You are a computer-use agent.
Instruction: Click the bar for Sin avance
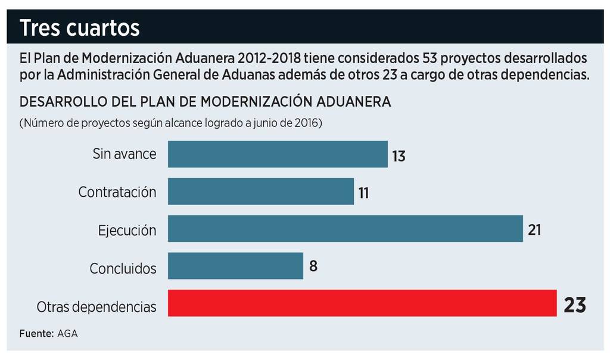(278, 154)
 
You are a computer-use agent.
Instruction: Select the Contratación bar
(261, 191)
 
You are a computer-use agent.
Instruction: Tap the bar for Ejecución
(346, 229)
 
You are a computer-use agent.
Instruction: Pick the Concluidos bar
(235, 266)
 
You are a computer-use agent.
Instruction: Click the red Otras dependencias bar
(362, 303)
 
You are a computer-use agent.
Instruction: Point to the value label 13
(399, 156)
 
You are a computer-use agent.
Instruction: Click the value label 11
(364, 193)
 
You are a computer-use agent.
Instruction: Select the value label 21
(534, 229)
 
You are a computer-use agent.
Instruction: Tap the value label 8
(313, 266)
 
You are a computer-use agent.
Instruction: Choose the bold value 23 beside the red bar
(575, 305)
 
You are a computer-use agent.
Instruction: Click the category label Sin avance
(125, 154)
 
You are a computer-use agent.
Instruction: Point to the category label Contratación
(117, 193)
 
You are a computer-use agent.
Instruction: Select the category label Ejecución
(127, 231)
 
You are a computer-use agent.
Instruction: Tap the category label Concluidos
(123, 269)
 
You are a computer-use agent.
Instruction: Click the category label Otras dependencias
(97, 308)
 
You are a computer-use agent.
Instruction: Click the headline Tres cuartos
(80, 27)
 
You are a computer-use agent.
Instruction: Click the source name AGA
(68, 334)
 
